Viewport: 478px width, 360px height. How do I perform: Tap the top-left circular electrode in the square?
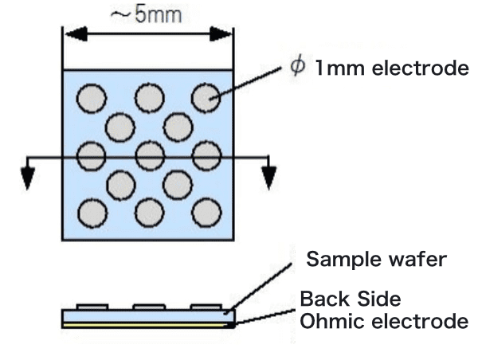(x=91, y=97)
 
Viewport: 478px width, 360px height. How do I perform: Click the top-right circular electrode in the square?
(x=206, y=97)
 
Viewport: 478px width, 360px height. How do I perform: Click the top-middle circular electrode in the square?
(x=149, y=97)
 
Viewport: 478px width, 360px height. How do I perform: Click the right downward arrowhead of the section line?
(x=270, y=180)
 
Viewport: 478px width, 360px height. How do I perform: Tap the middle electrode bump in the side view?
(x=149, y=307)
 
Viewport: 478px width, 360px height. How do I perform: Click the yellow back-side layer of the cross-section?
(x=148, y=326)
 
